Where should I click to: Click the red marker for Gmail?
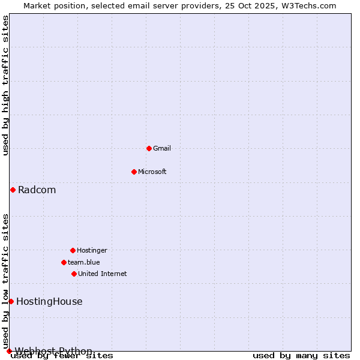(149, 148)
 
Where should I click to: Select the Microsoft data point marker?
(134, 172)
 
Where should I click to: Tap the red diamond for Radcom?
(13, 190)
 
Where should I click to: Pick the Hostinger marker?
(73, 250)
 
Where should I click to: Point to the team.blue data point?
(64, 262)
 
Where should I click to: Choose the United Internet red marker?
(74, 274)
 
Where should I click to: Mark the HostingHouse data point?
(11, 301)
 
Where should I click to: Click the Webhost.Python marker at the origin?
(9, 351)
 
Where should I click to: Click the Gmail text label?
(162, 148)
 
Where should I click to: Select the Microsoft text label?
(152, 172)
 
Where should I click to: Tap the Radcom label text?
(37, 190)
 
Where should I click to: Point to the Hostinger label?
(92, 250)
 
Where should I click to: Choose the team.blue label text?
(84, 262)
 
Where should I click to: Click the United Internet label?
(103, 274)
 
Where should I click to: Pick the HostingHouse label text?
(49, 302)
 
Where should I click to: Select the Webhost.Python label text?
(54, 351)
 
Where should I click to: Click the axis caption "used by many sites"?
(301, 356)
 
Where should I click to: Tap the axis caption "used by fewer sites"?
(62, 356)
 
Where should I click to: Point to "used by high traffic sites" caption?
(5, 86)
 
